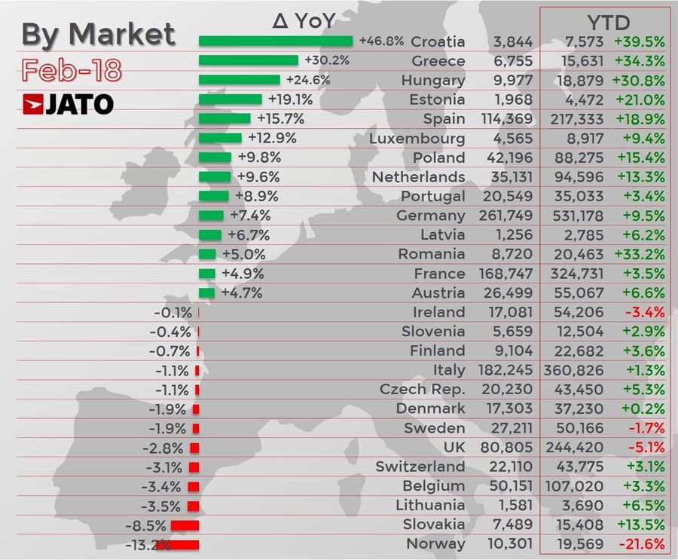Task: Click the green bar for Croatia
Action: pyautogui.click(x=275, y=41)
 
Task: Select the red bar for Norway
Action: pyautogui.click(x=178, y=544)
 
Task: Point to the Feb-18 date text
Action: pyautogui.click(x=71, y=70)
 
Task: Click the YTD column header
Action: pyautogui.click(x=608, y=22)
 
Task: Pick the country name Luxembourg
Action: pyautogui.click(x=417, y=138)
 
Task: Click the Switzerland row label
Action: pyautogui.click(x=420, y=467)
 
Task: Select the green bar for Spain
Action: pyautogui.click(x=224, y=118)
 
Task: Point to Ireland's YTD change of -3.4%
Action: pyautogui.click(x=644, y=312)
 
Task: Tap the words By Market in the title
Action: pyautogui.click(x=98, y=34)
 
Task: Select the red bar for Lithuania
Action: pyautogui.click(x=193, y=506)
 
